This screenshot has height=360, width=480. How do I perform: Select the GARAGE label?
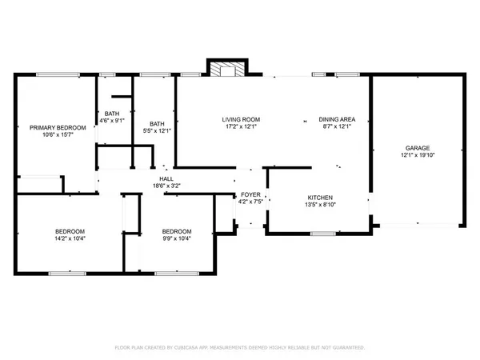point(417,148)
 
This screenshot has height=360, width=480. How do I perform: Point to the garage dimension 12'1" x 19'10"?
point(417,156)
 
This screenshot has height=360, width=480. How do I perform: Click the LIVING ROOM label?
point(241,119)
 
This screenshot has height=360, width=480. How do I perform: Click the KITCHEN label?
point(320,197)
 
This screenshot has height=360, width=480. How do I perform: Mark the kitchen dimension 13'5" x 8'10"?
point(320,205)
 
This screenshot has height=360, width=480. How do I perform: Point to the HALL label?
point(166,178)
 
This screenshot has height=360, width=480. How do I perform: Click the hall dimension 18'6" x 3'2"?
point(166,186)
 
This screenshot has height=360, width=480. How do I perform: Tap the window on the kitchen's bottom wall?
point(322,234)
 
